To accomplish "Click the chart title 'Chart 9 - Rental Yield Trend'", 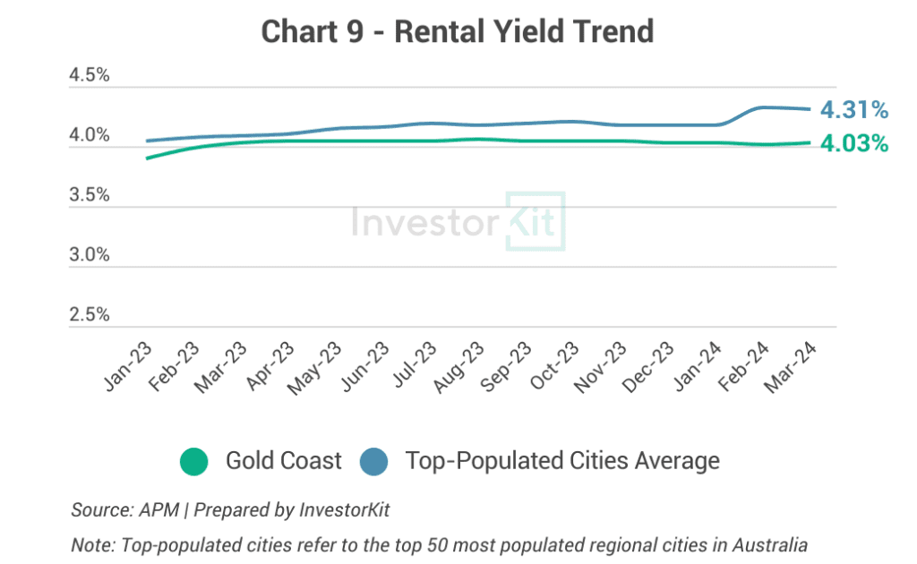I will coord(458,32).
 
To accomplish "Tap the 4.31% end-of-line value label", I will coord(854,110).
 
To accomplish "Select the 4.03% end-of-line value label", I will coord(854,143).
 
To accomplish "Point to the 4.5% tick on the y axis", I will coord(90,76).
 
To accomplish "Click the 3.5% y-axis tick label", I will coord(90,195).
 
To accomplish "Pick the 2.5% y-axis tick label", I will coord(90,315).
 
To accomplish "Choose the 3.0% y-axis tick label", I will coord(90,255).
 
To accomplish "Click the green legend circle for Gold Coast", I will coord(193,462).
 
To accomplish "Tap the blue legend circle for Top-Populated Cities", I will coord(373,462).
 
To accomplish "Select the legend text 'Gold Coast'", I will coord(283,461).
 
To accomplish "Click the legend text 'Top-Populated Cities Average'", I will coord(562,461).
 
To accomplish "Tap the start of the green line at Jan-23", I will coord(147,158).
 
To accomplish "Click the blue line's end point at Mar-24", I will coord(810,109).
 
